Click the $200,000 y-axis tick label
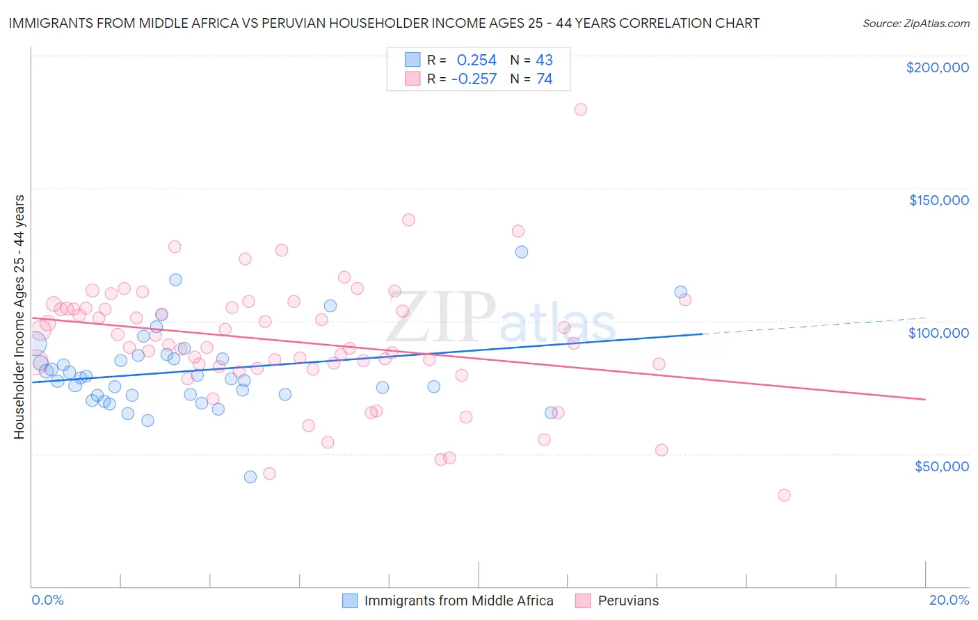937,67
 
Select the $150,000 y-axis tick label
938,200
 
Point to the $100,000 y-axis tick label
938,333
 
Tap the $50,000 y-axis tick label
941,466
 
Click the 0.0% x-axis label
47,600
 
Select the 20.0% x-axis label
949,600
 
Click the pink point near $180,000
581,109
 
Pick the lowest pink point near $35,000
784,496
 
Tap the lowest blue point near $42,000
250,477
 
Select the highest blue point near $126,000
522,252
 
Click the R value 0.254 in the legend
476,60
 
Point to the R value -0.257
474,79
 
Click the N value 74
545,79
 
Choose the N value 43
544,60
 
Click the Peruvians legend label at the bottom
628,601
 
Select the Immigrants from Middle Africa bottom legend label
458,601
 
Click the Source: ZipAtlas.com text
915,23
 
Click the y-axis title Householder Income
19,317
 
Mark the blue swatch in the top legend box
412,60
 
